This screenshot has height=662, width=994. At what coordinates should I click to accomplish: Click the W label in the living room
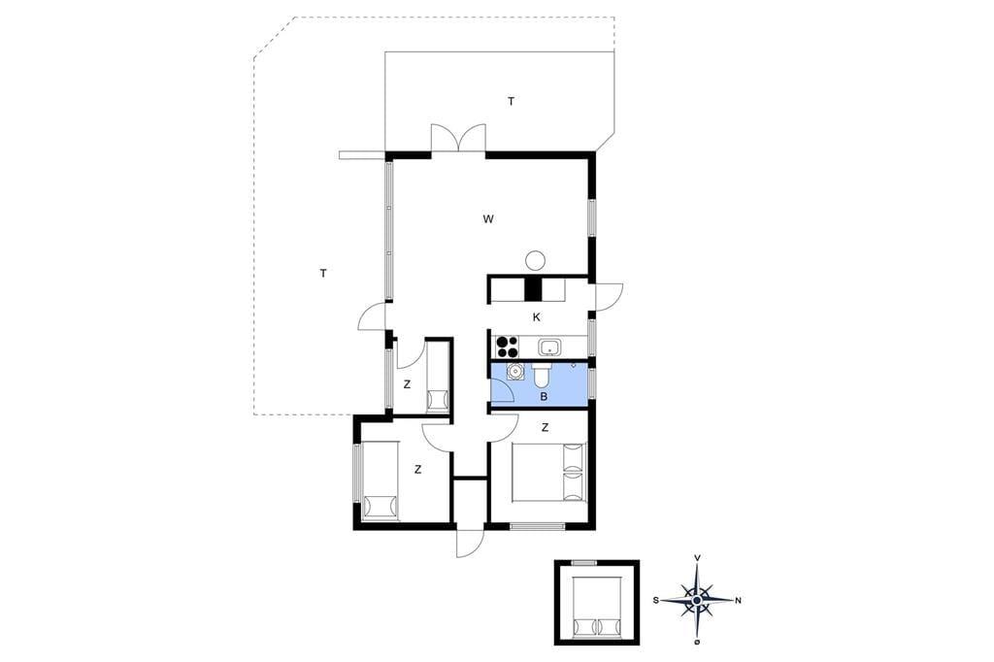tap(488, 219)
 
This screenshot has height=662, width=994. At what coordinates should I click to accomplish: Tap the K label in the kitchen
tap(536, 317)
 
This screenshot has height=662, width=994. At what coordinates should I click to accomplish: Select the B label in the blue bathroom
tap(544, 397)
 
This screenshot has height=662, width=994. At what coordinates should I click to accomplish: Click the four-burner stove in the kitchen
tap(507, 347)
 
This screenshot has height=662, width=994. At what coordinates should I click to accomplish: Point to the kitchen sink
tap(549, 348)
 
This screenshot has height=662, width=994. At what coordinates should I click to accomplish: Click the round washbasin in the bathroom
tap(516, 371)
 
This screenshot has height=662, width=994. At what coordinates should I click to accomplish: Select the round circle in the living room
tap(535, 259)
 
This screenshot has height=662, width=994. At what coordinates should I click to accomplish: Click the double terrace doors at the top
tap(458, 138)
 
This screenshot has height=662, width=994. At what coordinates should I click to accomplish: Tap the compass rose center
tap(697, 600)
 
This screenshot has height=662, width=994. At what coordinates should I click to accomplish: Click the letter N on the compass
tap(738, 601)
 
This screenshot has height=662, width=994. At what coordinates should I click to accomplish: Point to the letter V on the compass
tap(697, 558)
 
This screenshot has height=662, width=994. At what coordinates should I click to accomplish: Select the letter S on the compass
tap(657, 600)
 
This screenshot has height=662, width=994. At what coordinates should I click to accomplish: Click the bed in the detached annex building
tap(597, 607)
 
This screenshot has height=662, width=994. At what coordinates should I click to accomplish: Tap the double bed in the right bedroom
tap(549, 473)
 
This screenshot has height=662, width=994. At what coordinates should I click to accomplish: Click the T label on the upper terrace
tap(511, 101)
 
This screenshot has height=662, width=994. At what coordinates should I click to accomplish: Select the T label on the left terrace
tap(323, 274)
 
